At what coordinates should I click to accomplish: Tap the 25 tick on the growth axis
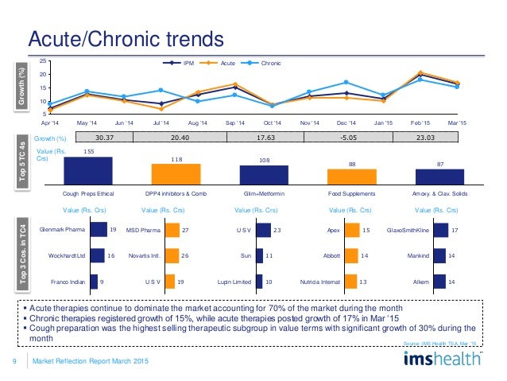coord(42,61)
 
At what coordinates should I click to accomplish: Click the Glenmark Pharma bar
coord(99,230)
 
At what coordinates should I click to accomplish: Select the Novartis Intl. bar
coord(172,255)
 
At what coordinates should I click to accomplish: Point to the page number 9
coord(15,363)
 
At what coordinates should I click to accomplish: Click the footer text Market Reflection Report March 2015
coord(90,363)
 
